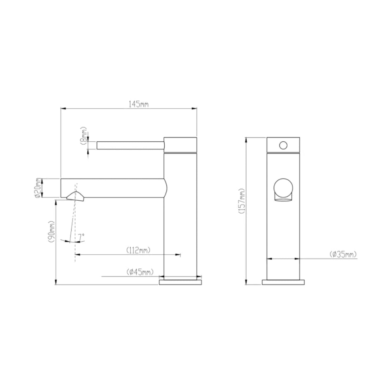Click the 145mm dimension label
139,104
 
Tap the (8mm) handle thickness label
83,136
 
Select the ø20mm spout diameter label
38,188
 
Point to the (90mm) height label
52,231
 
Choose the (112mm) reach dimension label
138,250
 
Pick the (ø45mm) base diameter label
140,272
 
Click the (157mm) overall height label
242,201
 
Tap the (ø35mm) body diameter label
343,254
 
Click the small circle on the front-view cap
283,146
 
